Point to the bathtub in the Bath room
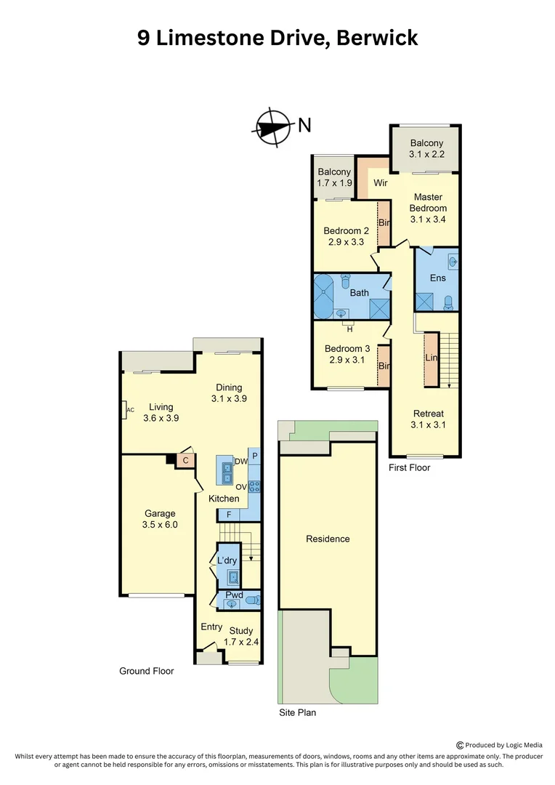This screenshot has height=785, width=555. pyautogui.click(x=325, y=297)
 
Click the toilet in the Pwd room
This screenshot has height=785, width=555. pyautogui.click(x=251, y=600)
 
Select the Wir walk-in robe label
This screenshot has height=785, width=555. pyautogui.click(x=380, y=183)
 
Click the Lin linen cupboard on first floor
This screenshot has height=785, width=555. pyautogui.click(x=430, y=359)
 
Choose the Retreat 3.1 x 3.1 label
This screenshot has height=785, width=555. pyautogui.click(x=428, y=419)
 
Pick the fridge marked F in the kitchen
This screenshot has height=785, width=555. pyautogui.click(x=229, y=515)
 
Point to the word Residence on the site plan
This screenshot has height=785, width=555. pyautogui.click(x=328, y=539)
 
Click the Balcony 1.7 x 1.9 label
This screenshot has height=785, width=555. pyautogui.click(x=333, y=177)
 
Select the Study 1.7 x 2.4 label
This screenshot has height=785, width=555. pyautogui.click(x=243, y=636)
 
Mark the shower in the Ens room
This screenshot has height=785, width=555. pyautogui.click(x=424, y=300)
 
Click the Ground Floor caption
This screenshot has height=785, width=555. pyautogui.click(x=146, y=671)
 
